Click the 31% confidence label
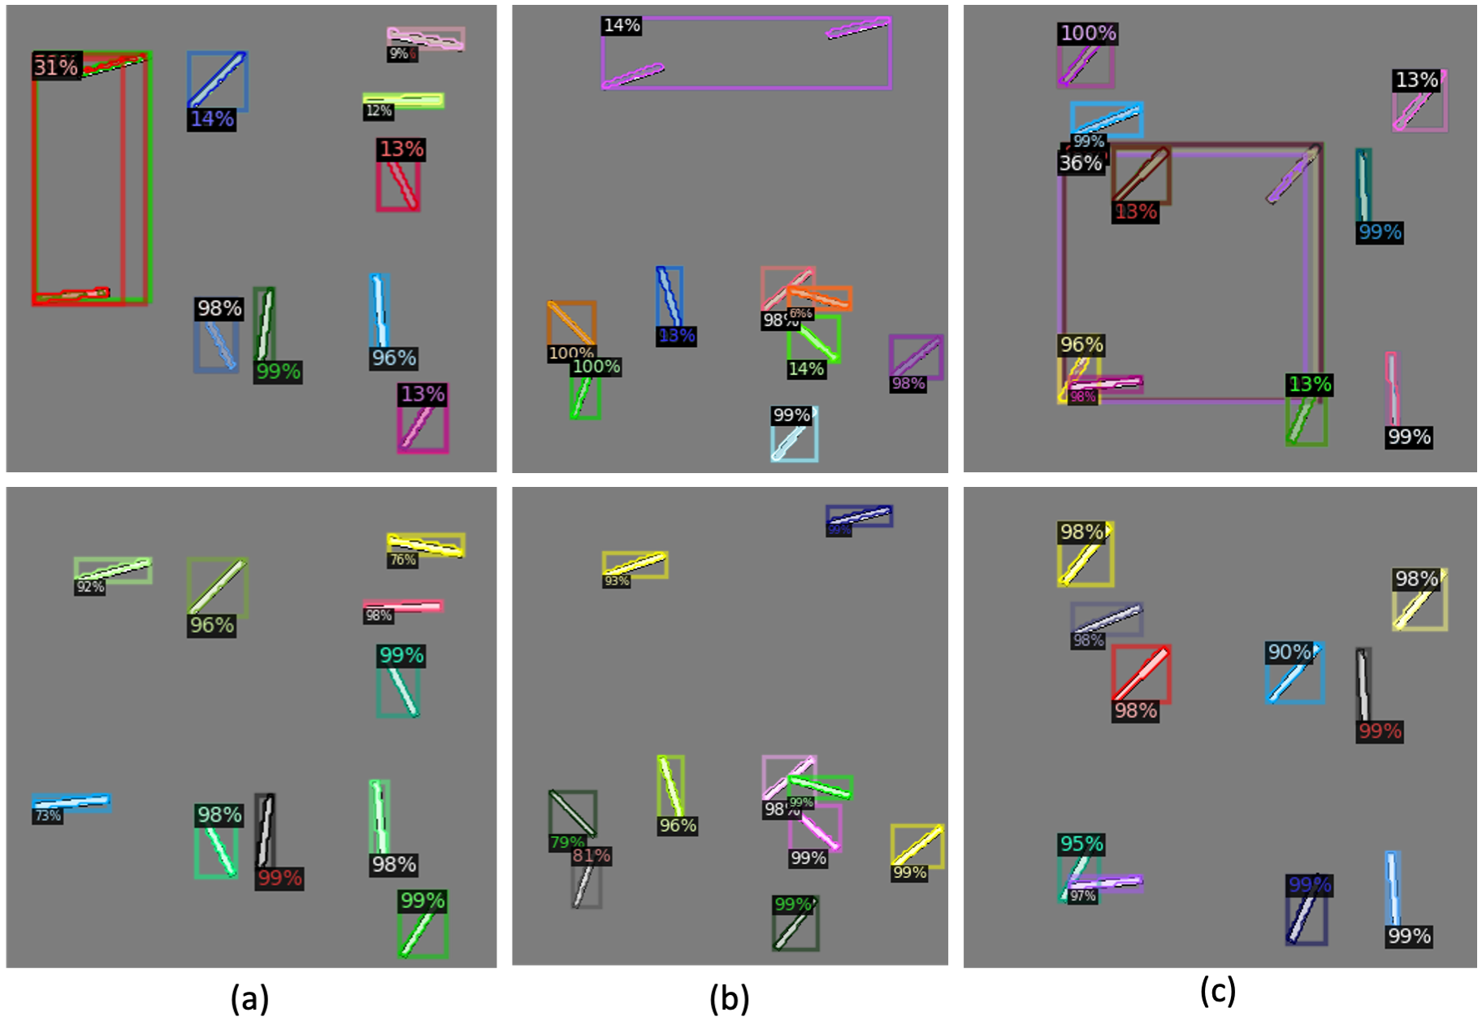[x=56, y=67]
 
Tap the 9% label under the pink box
[x=401, y=54]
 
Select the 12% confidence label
[x=379, y=111]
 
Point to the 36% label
[x=1080, y=163]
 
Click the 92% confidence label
[x=89, y=587]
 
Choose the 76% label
[x=402, y=560]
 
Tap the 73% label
[x=47, y=815]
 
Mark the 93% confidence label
[x=616, y=581]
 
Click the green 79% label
[x=566, y=842]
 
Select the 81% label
[x=591, y=855]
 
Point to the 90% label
[x=1289, y=652]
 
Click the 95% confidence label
[x=1081, y=844]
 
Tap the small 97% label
[x=1082, y=896]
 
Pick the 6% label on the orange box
[x=800, y=314]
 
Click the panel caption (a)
[x=249, y=997]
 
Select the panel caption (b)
[x=729, y=997]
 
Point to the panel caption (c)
[x=1217, y=991]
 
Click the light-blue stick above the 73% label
[x=71, y=802]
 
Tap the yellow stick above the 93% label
[x=635, y=563]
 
